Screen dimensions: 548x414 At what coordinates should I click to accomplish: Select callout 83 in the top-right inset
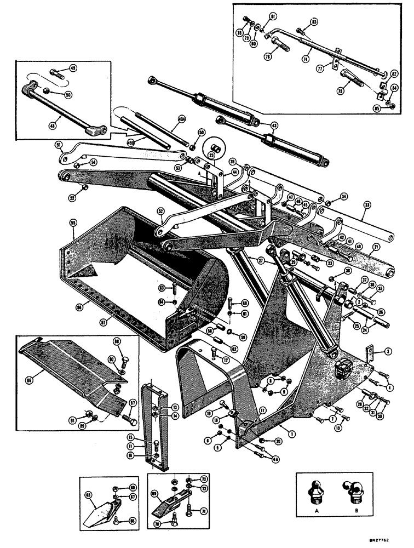click(314, 21)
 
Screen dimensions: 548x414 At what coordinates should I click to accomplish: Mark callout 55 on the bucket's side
click(73, 223)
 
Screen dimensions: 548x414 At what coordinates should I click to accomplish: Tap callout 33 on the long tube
click(366, 206)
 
